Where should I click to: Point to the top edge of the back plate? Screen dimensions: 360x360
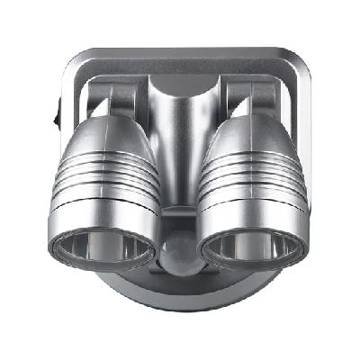click(x=180, y=53)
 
